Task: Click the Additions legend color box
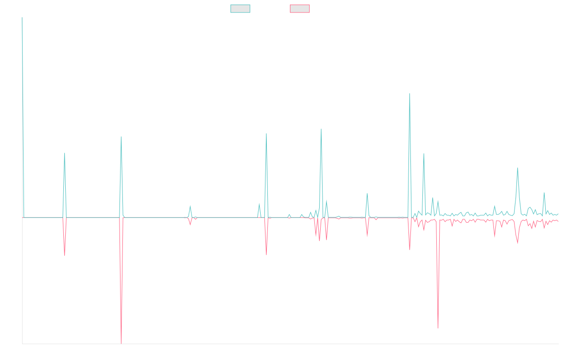point(240,9)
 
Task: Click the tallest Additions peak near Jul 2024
point(409,94)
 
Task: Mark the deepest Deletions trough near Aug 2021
point(121,343)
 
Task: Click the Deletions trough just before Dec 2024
point(438,328)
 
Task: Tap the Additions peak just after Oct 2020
point(64,154)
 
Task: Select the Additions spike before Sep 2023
point(321,129)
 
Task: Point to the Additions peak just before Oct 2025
point(517,168)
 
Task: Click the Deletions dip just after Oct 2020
point(64,255)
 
